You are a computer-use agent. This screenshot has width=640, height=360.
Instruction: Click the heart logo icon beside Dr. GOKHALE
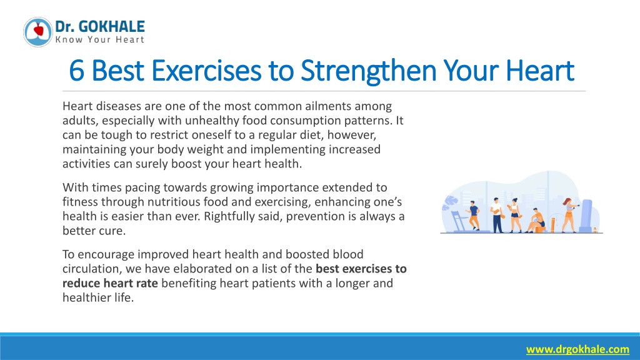coord(38,32)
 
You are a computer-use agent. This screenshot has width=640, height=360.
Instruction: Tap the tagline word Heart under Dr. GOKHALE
coord(130,39)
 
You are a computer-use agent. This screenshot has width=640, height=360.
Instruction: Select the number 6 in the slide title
coord(77,71)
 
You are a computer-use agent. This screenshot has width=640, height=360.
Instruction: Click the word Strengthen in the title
coord(368,71)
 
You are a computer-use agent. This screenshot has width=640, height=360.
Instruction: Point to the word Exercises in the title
coord(206,71)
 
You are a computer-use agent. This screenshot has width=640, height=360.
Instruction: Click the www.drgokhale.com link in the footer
coord(577,349)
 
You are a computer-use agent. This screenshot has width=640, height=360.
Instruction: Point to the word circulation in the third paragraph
coord(92,269)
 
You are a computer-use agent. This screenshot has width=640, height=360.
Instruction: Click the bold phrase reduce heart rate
coord(110,283)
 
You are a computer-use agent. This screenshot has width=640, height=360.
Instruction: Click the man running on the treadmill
coord(474,215)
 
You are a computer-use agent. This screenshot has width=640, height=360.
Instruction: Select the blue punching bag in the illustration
coord(586,216)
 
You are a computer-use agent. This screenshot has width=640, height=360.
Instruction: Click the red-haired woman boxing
coord(569,215)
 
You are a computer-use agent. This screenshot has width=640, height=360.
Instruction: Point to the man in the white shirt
coord(497,215)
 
